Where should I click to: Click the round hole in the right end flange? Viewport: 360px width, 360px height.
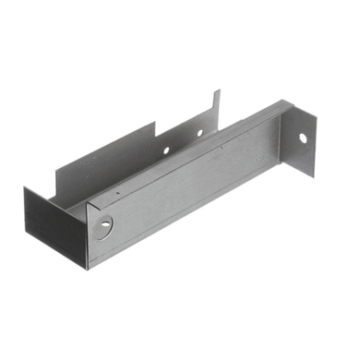302,138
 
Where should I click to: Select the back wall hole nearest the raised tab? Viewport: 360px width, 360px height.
198,133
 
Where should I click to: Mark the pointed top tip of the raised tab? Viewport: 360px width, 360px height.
219,90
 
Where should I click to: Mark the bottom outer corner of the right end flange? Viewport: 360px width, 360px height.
313,174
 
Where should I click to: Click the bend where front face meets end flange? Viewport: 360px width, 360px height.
282,138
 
